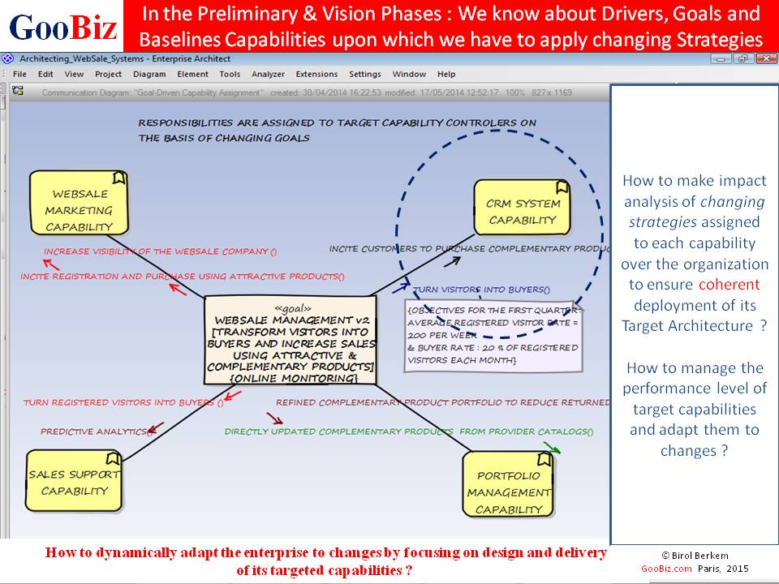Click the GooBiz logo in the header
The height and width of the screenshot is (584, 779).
click(x=62, y=28)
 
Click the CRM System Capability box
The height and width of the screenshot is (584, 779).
click(x=522, y=211)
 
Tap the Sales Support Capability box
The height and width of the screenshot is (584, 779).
click(x=74, y=482)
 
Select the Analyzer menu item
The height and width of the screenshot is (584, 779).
click(x=268, y=74)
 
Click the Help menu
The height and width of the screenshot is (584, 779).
click(x=446, y=74)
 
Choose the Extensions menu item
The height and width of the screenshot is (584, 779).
click(x=316, y=74)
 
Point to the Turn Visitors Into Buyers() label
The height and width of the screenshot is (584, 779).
click(x=481, y=289)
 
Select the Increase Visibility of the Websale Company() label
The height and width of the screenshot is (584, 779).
click(x=160, y=251)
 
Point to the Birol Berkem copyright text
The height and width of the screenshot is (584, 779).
click(x=693, y=556)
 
